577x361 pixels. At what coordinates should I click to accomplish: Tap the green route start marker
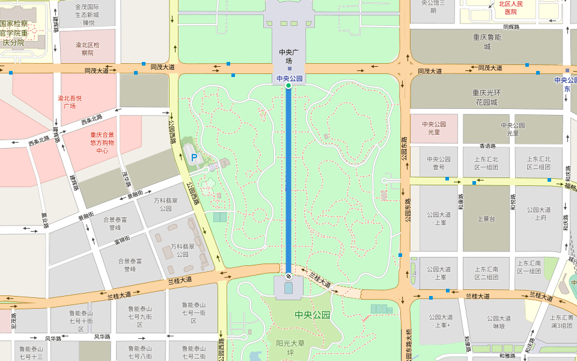[288, 86]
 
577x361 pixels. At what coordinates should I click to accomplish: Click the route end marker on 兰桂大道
[288, 276]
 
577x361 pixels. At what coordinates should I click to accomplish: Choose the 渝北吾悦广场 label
[70, 102]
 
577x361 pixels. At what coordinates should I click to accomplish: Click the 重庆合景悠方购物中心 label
[102, 143]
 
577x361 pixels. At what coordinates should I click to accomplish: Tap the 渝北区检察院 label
[88, 49]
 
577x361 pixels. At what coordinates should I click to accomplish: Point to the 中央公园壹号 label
[439, 163]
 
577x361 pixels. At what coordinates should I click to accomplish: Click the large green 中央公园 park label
[313, 315]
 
